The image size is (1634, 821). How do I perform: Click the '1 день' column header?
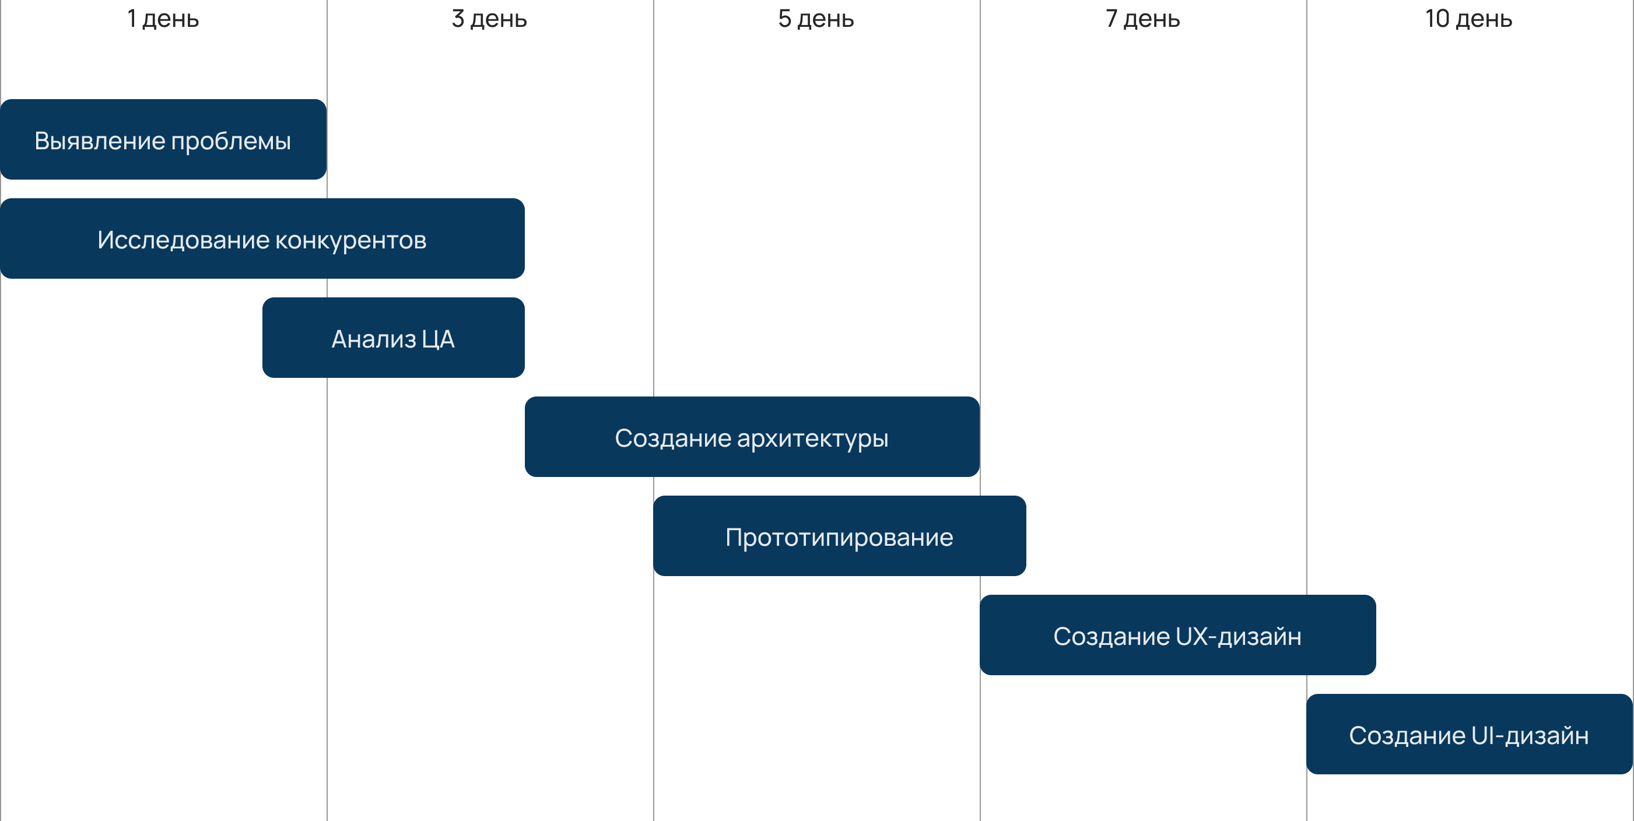point(163,19)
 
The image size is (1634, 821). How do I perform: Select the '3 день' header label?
point(489,19)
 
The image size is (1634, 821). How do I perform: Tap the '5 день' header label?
point(816,19)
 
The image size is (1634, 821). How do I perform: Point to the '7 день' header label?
point(1142,19)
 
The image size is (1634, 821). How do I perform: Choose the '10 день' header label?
point(1468,19)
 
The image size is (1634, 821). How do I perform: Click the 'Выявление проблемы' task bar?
point(163,139)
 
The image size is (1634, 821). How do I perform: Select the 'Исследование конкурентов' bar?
point(262,238)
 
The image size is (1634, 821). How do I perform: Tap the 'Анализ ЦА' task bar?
point(393,338)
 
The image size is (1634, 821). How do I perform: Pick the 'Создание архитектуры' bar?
point(752,437)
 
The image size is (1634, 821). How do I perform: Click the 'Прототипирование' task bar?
point(839,536)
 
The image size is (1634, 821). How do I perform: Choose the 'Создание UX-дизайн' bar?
point(1177,635)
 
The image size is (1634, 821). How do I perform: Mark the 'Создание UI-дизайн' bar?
point(1469,734)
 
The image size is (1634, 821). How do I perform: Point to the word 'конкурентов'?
point(351,240)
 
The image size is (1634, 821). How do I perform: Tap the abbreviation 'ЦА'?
point(439,339)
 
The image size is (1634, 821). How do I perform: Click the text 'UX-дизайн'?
point(1239,636)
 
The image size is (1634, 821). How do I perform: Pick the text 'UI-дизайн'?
point(1530,735)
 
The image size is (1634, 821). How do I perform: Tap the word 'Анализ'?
point(374,339)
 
